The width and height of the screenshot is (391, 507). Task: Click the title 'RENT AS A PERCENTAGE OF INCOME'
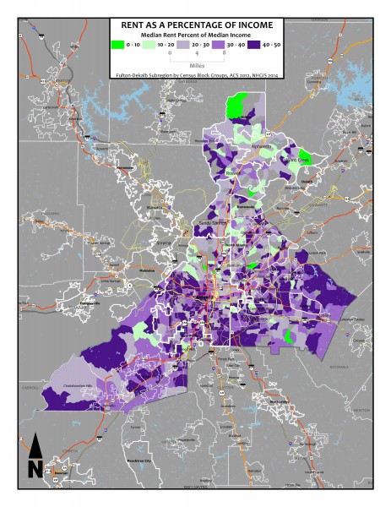(194, 26)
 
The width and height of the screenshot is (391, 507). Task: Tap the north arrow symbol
(35, 457)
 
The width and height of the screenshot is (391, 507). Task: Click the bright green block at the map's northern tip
(240, 107)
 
